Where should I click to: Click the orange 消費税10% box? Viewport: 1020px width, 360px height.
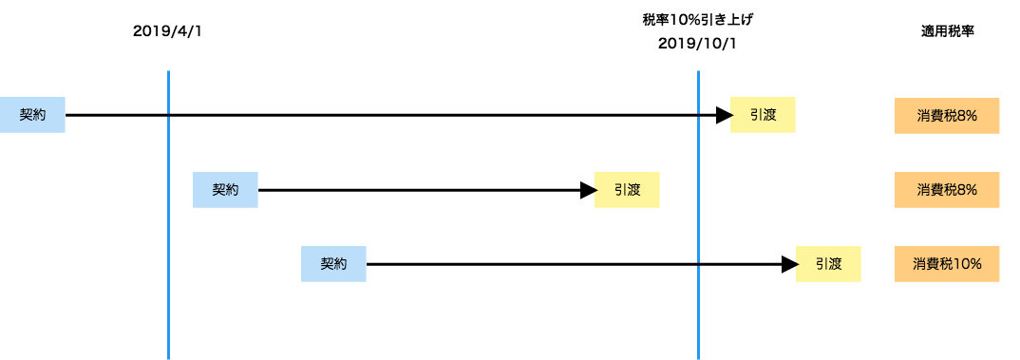pos(947,264)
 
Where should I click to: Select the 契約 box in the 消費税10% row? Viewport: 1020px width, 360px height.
pos(333,264)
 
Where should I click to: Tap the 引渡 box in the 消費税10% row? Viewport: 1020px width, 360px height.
pos(828,264)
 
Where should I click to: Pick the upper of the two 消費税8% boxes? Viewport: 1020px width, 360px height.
pos(947,115)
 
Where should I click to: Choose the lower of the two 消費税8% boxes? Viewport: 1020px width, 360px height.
pos(947,190)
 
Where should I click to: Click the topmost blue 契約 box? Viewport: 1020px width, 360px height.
pos(32,115)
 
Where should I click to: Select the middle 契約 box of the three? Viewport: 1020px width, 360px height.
pos(225,190)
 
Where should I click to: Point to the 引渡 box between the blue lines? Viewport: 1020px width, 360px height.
pos(627,190)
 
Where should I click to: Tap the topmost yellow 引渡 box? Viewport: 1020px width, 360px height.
pos(763,115)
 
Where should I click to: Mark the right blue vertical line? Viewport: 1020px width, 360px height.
pos(698,190)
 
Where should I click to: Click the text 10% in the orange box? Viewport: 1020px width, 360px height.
pos(967,264)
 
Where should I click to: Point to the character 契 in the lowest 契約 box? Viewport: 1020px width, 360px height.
pos(327,264)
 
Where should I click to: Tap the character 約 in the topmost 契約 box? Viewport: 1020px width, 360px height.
pos(39,115)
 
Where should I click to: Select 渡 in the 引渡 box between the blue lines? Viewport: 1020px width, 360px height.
pos(633,190)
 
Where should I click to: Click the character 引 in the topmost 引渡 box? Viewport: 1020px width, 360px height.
pos(756,115)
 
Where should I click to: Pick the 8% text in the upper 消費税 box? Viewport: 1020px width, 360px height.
pos(968,115)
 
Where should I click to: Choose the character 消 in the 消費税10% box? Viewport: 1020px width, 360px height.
pos(919,264)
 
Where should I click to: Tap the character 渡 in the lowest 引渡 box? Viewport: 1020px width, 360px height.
pos(835,264)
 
